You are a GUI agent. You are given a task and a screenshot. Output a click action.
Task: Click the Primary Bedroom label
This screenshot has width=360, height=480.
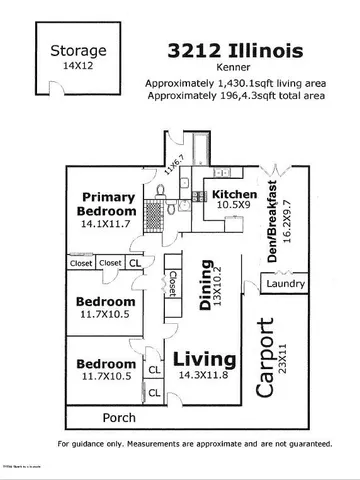pyautogui.click(x=109, y=204)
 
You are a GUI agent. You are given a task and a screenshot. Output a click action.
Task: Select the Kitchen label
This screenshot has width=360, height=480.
pyautogui.click(x=234, y=194)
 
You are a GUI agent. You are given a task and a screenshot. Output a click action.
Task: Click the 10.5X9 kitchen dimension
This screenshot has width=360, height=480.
pyautogui.click(x=233, y=206)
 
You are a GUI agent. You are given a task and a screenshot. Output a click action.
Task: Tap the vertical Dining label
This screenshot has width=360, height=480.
pyautogui.click(x=206, y=290)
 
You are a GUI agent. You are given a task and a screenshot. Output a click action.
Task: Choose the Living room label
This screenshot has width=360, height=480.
pyautogui.click(x=205, y=358)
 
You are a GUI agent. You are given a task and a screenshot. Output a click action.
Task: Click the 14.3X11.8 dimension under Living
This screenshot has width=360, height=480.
pyautogui.click(x=205, y=375)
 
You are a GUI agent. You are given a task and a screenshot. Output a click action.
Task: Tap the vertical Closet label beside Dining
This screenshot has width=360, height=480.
pyautogui.click(x=172, y=286)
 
